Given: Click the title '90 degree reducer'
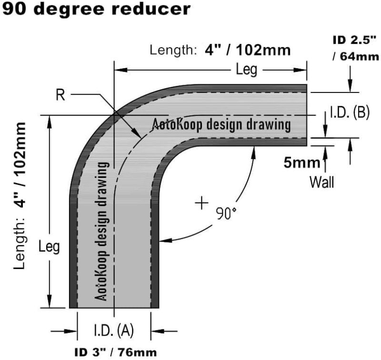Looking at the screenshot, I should pyautogui.click(x=90, y=9).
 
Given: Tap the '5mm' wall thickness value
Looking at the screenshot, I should pyautogui.click(x=302, y=163).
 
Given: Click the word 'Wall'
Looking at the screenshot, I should pyautogui.click(x=322, y=182).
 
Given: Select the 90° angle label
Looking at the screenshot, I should pyautogui.click(x=225, y=213).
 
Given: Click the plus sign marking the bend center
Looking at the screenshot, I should pyautogui.click(x=201, y=204).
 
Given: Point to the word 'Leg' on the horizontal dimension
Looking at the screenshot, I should pyautogui.click(x=247, y=70).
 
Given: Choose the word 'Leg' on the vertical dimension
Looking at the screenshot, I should pyautogui.click(x=50, y=247).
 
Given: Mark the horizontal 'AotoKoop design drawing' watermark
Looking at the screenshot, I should pyautogui.click(x=221, y=124).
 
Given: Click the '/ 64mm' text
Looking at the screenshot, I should pyautogui.click(x=356, y=57).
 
